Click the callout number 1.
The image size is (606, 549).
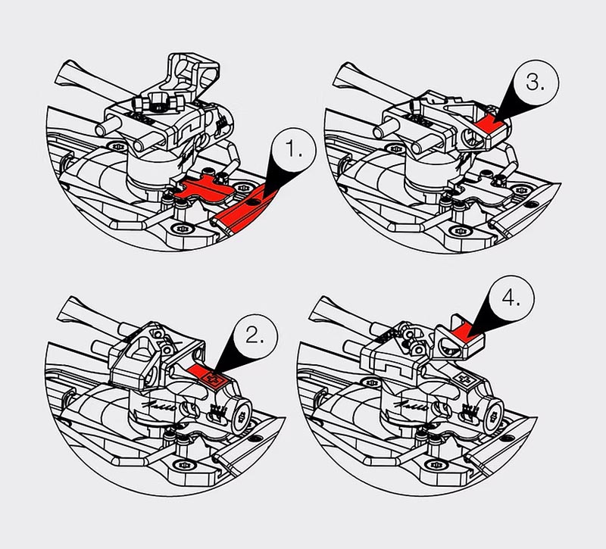293,150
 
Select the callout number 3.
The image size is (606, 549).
535,83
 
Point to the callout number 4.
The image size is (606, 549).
511,298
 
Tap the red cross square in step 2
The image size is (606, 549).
211,378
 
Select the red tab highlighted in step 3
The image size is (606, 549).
489,123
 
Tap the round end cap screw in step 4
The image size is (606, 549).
493,415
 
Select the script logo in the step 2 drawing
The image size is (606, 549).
158,406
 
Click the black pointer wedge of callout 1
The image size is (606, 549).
281,178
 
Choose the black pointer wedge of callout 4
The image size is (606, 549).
485,320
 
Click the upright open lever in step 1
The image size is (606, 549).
192,74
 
